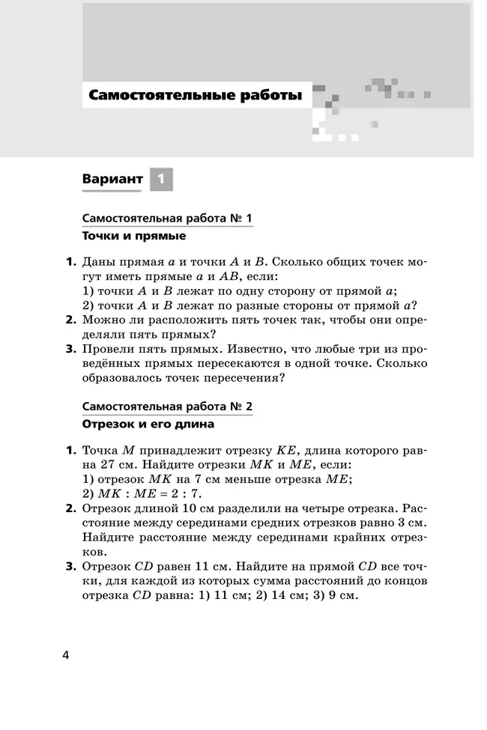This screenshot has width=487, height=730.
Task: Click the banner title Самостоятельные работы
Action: point(196,96)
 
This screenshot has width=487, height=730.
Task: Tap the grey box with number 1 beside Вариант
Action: point(161,179)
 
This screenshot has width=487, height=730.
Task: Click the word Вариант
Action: point(112,180)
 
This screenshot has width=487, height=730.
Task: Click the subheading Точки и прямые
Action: point(133,236)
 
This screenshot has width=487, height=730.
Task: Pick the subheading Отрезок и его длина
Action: point(148,425)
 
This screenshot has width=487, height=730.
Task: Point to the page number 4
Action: point(66,656)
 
